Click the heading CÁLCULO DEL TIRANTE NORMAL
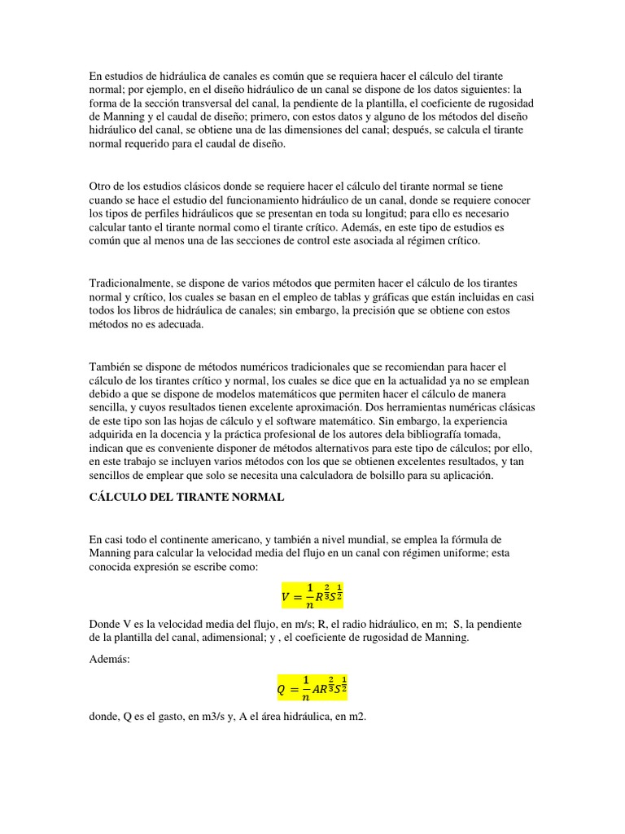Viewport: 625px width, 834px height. pyautogui.click(x=187, y=498)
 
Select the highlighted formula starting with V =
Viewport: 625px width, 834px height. pyautogui.click(x=312, y=595)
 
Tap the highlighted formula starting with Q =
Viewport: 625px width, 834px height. pyautogui.click(x=312, y=689)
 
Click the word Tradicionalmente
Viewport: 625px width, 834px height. pyautogui.click(x=131, y=283)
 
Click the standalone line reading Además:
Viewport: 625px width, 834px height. pyautogui.click(x=109, y=659)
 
